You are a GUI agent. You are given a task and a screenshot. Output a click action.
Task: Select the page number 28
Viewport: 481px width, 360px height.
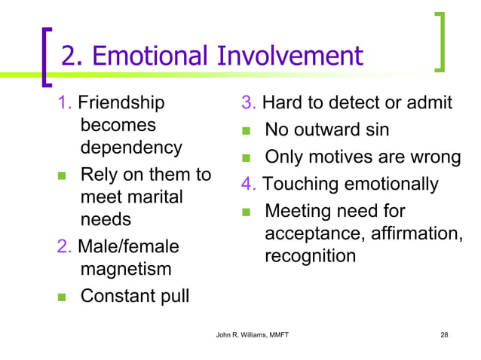tap(443, 334)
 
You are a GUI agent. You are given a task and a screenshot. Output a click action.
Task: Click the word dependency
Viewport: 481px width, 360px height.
tap(131, 147)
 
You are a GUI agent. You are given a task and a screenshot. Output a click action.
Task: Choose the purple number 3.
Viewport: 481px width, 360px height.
tap(247, 102)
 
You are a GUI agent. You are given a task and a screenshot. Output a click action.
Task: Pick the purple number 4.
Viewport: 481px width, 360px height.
tap(247, 184)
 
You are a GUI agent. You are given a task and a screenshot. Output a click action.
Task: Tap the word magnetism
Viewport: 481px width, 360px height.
tap(126, 269)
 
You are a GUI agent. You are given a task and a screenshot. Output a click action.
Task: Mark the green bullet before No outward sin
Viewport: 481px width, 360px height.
tap(246, 131)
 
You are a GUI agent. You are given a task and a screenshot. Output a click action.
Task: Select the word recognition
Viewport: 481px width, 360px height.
tap(310, 256)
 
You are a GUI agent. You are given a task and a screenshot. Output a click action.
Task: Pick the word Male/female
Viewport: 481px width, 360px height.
tap(124, 246)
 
